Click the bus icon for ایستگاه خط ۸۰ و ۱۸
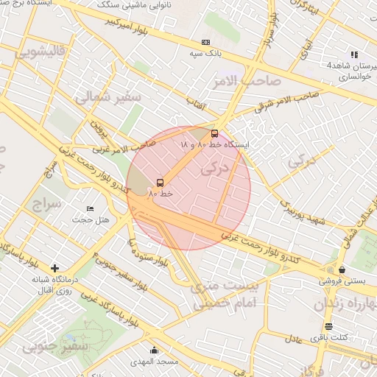pos(214,133)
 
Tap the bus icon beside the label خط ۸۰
pos(160,182)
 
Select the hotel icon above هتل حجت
pos(91,209)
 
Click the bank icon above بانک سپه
pos(205,43)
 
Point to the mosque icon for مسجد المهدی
pos(154,350)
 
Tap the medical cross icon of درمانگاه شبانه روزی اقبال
pos(54,267)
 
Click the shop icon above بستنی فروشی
pos(341,270)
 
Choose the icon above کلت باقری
pos(328,326)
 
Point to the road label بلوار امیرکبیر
pos(111,23)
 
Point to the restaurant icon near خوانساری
pos(354,54)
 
